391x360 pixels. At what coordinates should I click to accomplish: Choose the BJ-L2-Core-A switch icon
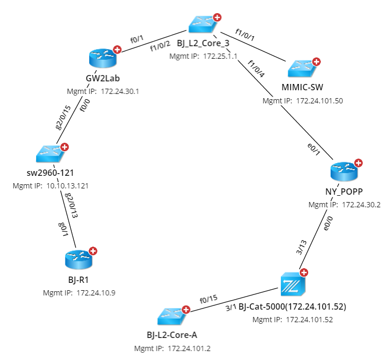[172, 317]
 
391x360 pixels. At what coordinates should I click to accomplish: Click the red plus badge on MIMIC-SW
[317, 60]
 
